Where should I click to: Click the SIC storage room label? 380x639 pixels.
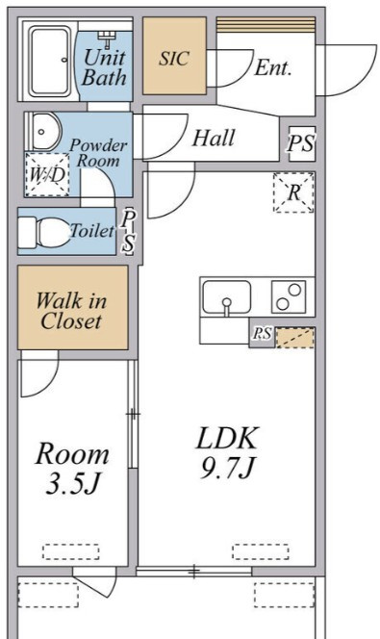[174, 58]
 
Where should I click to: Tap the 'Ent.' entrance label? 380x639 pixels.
[273, 67]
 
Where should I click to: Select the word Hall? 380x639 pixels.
[214, 138]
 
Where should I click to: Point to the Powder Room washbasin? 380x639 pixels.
[45, 131]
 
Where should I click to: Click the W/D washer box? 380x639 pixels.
[47, 174]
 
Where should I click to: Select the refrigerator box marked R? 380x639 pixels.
[293, 192]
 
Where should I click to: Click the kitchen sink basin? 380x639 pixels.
[227, 297]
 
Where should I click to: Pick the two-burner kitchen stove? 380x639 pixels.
[289, 296]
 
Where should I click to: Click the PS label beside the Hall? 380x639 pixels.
[301, 143]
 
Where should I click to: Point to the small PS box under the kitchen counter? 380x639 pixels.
[262, 334]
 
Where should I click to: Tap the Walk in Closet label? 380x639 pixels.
[71, 311]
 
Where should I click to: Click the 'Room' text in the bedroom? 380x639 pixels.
[72, 453]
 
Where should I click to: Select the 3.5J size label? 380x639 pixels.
[73, 483]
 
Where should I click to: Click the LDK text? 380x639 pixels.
[227, 438]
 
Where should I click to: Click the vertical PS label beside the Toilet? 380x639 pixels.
[129, 231]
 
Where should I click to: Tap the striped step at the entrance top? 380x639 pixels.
[266, 24]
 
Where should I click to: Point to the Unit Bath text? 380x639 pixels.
[104, 67]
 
